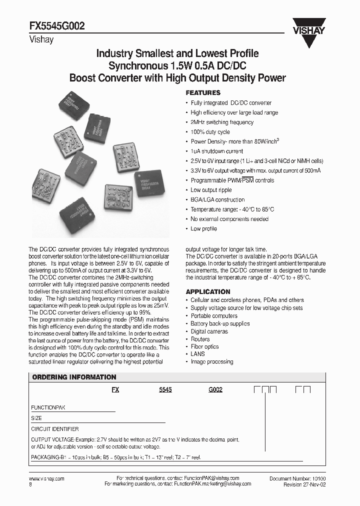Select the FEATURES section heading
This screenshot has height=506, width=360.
[203, 93]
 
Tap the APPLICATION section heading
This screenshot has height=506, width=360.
[208, 291]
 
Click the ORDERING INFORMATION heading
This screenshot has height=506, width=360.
[74, 377]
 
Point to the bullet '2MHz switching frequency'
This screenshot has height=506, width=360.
[222, 122]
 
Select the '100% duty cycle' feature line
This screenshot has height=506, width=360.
[210, 132]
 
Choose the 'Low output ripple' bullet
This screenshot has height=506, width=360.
[210, 190]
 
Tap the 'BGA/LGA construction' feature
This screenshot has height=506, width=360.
[217, 199]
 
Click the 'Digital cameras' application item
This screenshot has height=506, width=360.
[209, 331]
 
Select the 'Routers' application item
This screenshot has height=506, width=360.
[200, 339]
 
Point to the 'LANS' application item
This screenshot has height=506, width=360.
[197, 354]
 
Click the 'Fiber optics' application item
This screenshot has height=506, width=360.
[204, 346]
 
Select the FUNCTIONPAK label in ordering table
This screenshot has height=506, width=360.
[48, 407]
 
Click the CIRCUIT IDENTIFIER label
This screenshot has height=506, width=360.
[54, 429]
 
